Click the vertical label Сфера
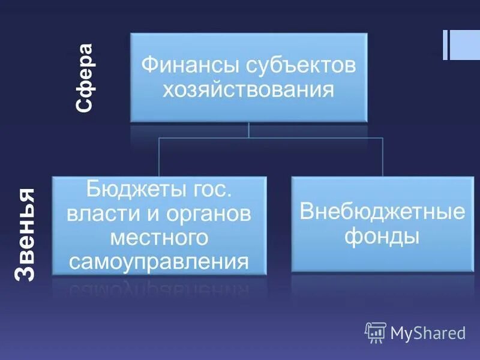[84, 78]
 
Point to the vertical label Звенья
[25, 235]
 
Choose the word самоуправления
[159, 261]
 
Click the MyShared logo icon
[375, 332]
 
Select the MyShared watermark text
[428, 332]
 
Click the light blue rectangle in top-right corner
[465, 45]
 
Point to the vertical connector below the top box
[248, 130]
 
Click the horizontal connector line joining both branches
[270, 137]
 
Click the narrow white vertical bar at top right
[445, 45]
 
